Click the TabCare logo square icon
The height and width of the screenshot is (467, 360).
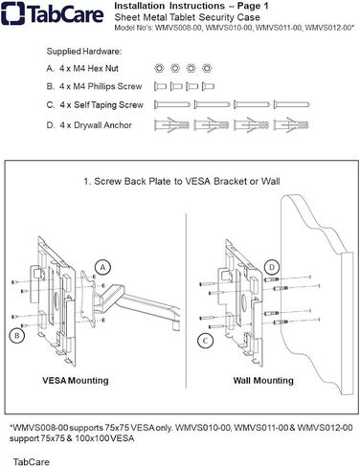click(x=12, y=13)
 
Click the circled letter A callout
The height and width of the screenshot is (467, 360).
click(x=102, y=267)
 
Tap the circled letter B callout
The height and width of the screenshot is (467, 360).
click(x=17, y=336)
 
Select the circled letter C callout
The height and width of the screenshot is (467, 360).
click(x=205, y=341)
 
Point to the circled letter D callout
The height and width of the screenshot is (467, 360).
click(x=272, y=267)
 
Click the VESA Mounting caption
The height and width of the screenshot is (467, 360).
click(x=76, y=380)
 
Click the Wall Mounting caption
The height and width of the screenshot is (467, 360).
click(x=263, y=380)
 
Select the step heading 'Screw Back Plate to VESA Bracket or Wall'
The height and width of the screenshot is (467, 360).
click(x=187, y=181)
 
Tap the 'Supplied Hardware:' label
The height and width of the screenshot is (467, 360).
click(x=84, y=52)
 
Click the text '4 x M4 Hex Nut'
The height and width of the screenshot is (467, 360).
click(x=89, y=68)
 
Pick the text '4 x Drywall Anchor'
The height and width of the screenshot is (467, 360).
click(x=96, y=125)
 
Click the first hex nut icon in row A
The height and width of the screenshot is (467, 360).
click(x=159, y=68)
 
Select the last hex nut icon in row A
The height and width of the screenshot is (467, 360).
click(x=207, y=68)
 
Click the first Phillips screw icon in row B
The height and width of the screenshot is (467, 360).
click(x=160, y=86)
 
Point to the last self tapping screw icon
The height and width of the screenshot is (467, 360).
click(x=291, y=104)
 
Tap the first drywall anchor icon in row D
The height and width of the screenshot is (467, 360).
click(x=171, y=124)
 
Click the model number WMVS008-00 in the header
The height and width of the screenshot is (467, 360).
click(x=179, y=28)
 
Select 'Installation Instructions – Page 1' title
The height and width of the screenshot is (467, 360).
click(x=191, y=6)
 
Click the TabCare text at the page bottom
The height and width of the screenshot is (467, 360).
click(x=32, y=462)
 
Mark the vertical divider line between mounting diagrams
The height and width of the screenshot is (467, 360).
click(x=186, y=300)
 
